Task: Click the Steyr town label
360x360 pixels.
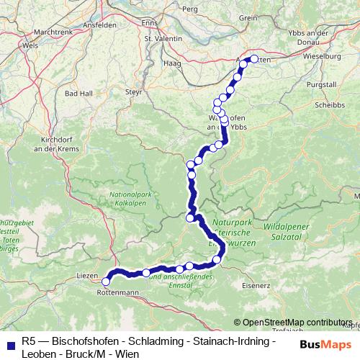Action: click(134, 92)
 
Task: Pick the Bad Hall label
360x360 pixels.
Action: click(77, 94)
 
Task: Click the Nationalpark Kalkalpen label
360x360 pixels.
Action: click(130, 199)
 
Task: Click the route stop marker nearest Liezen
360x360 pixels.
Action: click(107, 282)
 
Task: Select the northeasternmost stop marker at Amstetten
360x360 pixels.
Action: click(253, 59)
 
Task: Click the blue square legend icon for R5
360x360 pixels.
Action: click(7, 342)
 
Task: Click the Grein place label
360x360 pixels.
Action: click(248, 17)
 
